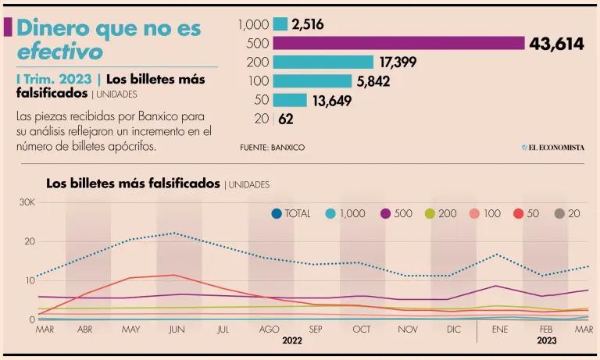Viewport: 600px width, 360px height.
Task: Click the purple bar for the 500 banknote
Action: [x=398, y=43]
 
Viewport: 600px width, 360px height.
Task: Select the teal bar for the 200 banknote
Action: [x=323, y=62]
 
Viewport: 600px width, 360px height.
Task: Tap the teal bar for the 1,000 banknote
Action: [x=280, y=24]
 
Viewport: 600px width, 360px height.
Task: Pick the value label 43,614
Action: [x=556, y=44]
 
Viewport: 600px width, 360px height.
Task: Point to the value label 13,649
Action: [x=332, y=100]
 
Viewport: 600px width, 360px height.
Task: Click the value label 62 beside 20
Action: [x=287, y=119]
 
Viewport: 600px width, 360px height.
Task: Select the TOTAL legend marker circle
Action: [x=277, y=213]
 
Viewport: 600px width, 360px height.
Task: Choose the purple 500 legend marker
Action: [x=386, y=213]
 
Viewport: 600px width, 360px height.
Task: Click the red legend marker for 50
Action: [x=517, y=213]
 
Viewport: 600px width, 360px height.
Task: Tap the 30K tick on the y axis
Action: [x=27, y=202]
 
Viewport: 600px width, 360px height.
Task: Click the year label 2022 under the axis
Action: [x=292, y=341]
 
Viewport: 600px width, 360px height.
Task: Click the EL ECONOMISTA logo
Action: [x=553, y=147]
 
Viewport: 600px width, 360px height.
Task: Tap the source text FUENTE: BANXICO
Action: [x=272, y=147]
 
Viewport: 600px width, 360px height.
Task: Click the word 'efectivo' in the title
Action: [x=59, y=52]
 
